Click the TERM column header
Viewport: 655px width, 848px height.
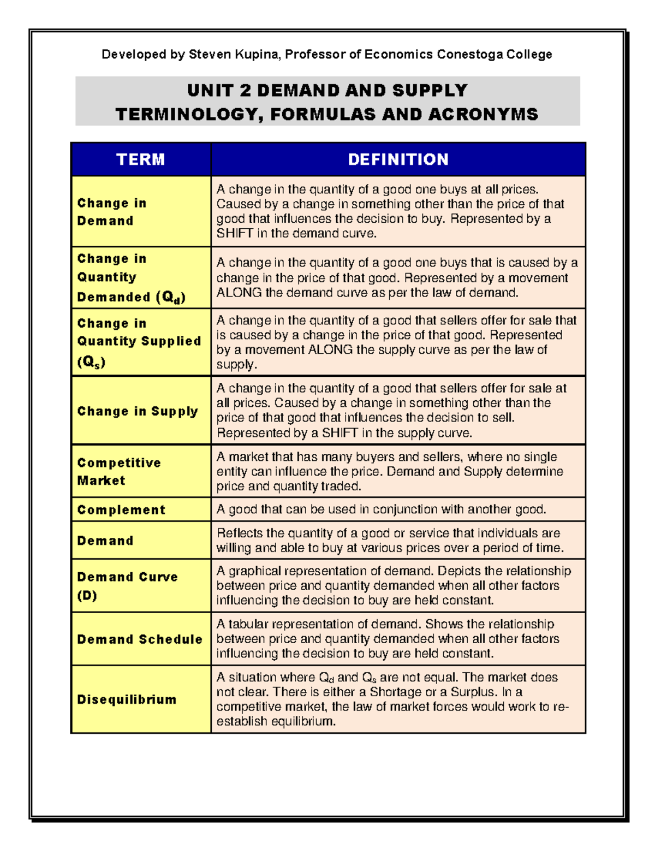tap(140, 159)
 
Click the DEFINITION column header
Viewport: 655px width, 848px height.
tap(398, 159)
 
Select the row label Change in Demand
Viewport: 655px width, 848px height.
tap(111, 212)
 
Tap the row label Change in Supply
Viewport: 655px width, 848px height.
tap(138, 411)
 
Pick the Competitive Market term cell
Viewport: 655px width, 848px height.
tap(118, 472)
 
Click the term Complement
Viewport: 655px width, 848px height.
tap(121, 510)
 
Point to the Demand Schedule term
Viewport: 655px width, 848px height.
tap(140, 639)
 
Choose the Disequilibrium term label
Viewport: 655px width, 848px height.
tap(127, 699)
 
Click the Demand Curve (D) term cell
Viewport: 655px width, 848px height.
tap(127, 586)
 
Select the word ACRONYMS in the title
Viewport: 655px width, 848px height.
tap(483, 114)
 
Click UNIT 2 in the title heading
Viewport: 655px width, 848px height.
tap(219, 90)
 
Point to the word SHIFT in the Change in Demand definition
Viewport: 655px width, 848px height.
tap(235, 234)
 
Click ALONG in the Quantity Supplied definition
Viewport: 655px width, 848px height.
tap(330, 350)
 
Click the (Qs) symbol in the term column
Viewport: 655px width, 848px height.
tap(91, 362)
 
